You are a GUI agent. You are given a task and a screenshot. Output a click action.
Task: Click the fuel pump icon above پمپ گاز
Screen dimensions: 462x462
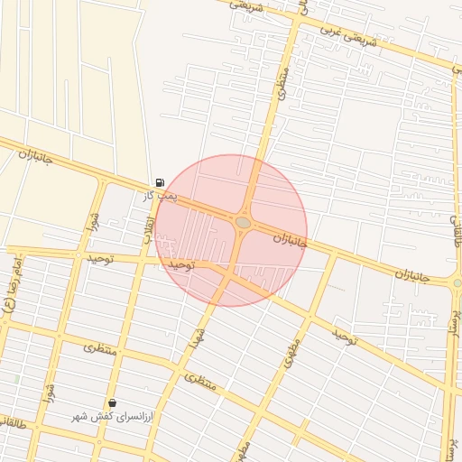(160, 182)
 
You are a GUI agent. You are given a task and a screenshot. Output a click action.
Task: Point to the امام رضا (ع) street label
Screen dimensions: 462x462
(10, 289)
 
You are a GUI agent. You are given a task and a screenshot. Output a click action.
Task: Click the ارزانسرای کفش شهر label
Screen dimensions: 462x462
(115, 417)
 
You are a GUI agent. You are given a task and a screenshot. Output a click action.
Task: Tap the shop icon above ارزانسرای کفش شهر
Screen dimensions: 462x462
(112, 402)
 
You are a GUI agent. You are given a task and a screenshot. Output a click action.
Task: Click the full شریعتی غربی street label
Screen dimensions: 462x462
(353, 41)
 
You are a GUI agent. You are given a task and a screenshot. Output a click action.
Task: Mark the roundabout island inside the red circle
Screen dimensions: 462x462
(243, 222)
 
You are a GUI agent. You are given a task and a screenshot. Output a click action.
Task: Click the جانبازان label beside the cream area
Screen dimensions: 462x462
(36, 157)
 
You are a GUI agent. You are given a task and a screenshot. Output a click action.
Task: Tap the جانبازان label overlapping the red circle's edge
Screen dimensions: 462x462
(291, 242)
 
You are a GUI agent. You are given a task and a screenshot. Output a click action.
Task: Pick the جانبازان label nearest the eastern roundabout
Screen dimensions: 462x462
(414, 274)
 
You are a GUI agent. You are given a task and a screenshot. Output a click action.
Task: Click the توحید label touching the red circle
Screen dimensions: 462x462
(181, 265)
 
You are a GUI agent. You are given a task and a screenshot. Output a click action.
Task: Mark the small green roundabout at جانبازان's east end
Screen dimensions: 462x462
(457, 282)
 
